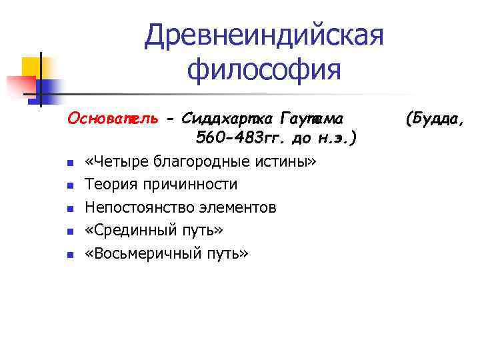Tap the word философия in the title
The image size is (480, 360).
click(265, 69)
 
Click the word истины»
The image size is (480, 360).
click(289, 161)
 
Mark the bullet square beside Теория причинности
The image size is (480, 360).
click(69, 185)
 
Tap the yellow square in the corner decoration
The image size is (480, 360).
click(33, 67)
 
